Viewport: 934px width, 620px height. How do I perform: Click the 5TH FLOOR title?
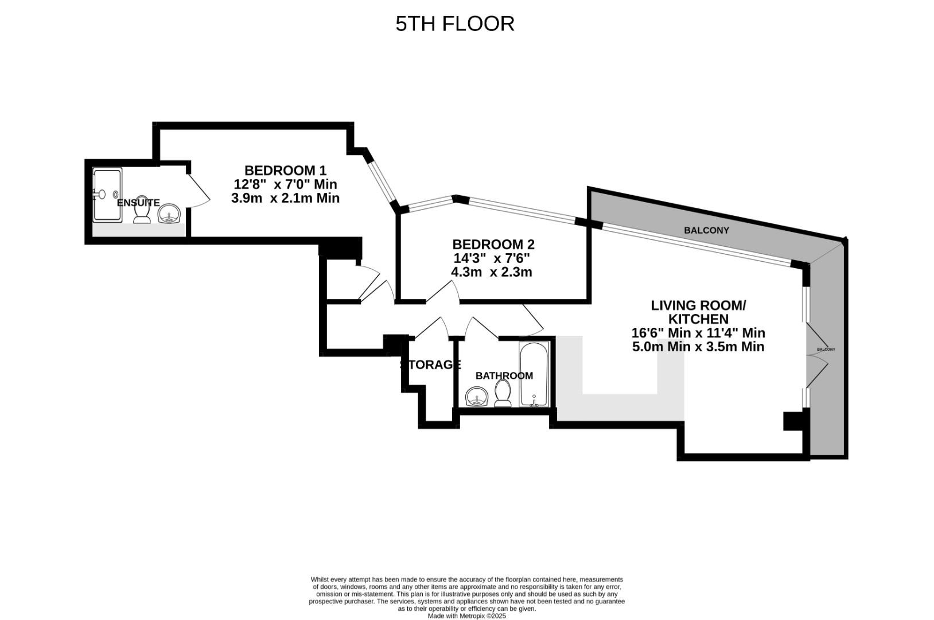tap(454, 24)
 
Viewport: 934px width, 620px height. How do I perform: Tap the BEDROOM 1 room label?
tap(285, 170)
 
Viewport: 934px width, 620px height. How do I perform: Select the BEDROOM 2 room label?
tap(493, 244)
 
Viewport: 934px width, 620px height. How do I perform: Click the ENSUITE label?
tap(138, 203)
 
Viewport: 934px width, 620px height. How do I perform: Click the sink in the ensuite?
tap(169, 214)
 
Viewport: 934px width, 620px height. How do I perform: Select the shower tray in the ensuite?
tap(107, 195)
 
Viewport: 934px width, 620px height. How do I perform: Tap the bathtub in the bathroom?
tap(534, 375)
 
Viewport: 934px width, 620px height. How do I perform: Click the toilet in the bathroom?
tap(503, 394)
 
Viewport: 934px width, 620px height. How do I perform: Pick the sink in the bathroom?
tap(477, 396)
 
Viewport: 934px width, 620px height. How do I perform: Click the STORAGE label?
tap(430, 365)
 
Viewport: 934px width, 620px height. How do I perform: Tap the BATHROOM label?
tap(504, 375)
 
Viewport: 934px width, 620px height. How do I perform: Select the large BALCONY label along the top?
tap(706, 230)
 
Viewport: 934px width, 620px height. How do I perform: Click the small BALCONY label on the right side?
tap(826, 349)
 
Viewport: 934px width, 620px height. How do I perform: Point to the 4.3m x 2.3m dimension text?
tap(491, 272)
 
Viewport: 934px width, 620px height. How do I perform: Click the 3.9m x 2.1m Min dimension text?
tap(285, 198)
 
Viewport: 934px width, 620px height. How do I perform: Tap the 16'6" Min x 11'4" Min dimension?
tap(698, 333)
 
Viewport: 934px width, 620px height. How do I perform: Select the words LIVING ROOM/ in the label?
tap(698, 305)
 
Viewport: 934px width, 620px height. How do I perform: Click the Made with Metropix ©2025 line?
tap(466, 616)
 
